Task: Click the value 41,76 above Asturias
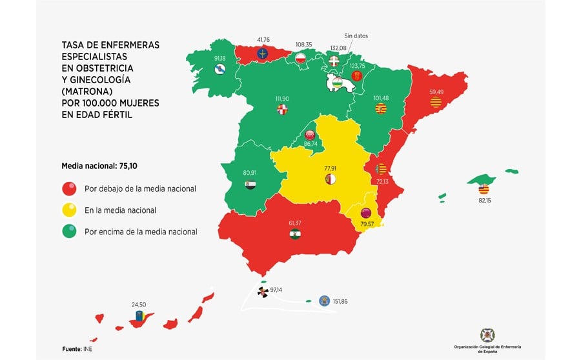263,40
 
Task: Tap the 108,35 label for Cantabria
304,45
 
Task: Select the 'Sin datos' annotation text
356,36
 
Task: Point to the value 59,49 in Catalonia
437,92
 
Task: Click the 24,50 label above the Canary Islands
139,304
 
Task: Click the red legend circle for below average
69,189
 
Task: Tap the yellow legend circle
69,210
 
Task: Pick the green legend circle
69,231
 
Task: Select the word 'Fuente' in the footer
71,349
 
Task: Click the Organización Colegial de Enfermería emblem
487,335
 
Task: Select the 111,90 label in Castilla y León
282,98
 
